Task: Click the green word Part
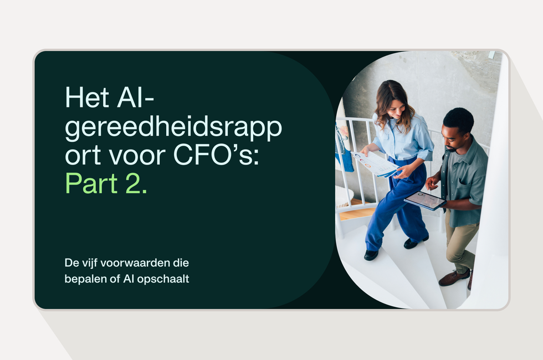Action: point(91,184)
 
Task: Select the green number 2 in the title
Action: point(135,184)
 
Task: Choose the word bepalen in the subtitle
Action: point(82,279)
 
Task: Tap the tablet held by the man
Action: point(425,200)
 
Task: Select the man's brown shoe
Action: point(453,277)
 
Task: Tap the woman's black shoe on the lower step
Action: point(371,255)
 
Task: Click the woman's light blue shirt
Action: point(407,138)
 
